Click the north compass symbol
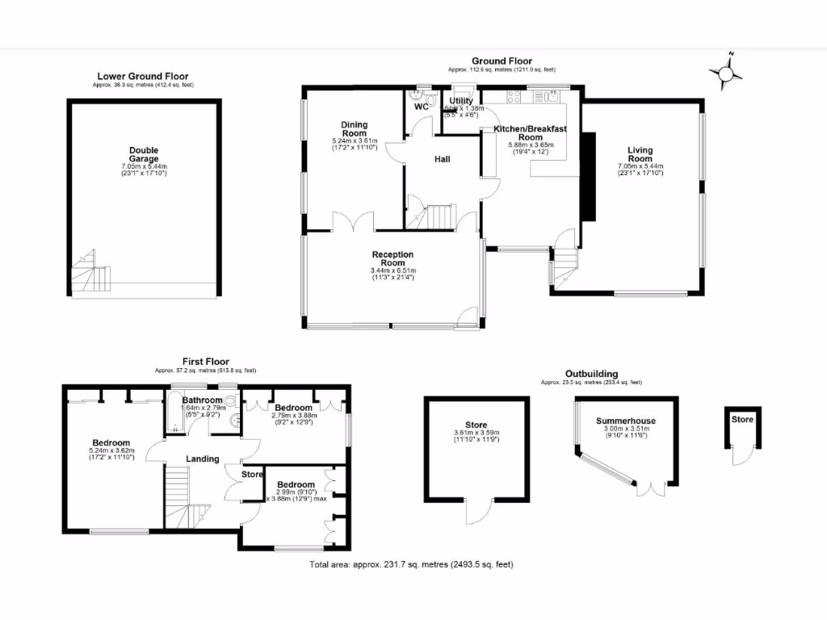point(726,73)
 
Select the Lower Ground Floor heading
point(143,77)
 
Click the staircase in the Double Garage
point(91,273)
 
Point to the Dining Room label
point(354,129)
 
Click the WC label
point(421,107)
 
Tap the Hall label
point(442,159)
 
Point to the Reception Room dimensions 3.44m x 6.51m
point(393,270)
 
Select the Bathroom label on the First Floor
point(202,400)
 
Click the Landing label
point(203,459)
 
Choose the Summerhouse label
point(626,421)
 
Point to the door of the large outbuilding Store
point(476,510)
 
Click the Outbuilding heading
point(591,374)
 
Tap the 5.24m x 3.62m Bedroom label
point(111,443)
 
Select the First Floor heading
point(205,362)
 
